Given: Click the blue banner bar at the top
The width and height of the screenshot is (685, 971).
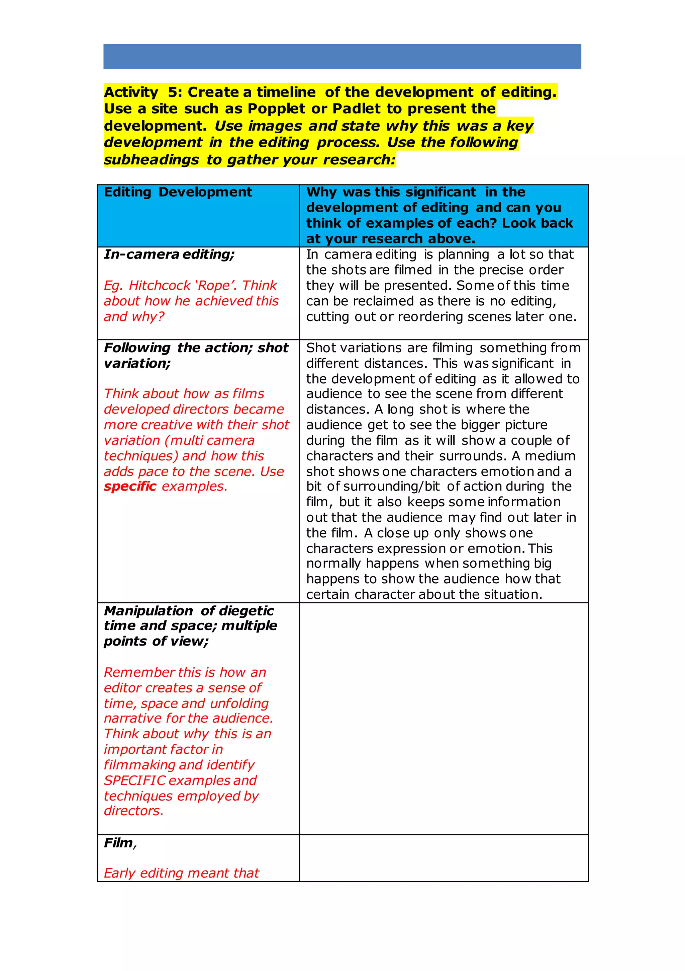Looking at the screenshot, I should click(x=342, y=56).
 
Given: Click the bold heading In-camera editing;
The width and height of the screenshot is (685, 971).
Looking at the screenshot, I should click(x=169, y=254).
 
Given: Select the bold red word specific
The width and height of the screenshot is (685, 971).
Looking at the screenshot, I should click(x=130, y=487).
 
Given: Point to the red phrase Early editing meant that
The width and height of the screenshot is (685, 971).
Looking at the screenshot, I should click(x=181, y=873).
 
